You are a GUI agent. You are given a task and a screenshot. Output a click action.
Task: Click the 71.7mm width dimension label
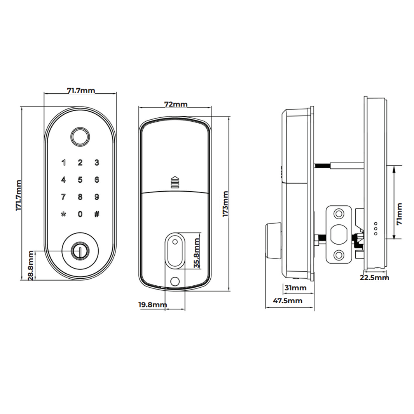(x=81, y=91)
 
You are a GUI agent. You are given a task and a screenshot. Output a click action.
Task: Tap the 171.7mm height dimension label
(x=18, y=195)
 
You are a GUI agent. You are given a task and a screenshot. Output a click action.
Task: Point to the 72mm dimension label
(x=176, y=104)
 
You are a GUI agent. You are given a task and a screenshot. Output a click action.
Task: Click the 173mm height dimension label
(x=225, y=204)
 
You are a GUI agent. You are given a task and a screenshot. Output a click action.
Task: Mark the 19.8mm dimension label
(x=152, y=304)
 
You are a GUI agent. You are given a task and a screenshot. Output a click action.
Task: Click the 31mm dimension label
(x=295, y=288)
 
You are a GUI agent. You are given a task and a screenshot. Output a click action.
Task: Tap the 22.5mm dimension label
(x=374, y=277)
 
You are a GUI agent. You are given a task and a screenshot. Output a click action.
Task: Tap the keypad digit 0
(x=80, y=214)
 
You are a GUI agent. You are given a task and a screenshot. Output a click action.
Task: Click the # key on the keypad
(x=97, y=214)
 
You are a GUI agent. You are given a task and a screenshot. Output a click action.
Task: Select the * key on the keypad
(x=63, y=214)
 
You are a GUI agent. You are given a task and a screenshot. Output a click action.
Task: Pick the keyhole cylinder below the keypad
(x=80, y=250)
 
